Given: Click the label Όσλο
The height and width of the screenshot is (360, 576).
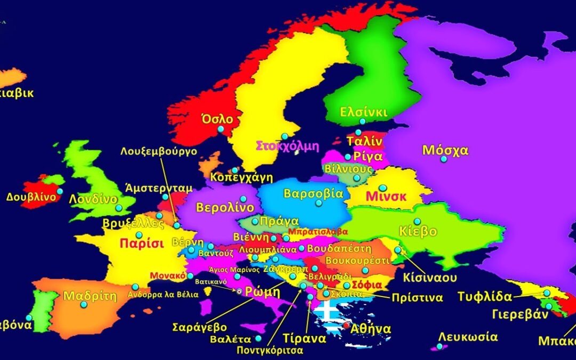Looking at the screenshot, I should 218,119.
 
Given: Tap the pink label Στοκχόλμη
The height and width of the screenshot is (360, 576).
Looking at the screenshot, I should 287,146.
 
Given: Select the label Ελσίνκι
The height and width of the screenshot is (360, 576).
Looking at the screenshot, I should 364,113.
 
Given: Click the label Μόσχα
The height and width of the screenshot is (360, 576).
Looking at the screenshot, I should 445,150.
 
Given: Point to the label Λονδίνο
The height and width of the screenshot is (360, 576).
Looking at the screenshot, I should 93,199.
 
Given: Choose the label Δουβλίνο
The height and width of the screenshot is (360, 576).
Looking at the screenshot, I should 31,196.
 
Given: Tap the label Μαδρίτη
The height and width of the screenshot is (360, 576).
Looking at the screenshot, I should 90,296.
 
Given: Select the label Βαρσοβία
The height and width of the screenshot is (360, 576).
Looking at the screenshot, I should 314,193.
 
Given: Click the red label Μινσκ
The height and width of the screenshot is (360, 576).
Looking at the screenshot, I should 386,196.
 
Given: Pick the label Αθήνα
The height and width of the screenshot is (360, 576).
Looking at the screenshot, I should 371,329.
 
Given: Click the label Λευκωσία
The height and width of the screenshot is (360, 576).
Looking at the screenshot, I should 468,337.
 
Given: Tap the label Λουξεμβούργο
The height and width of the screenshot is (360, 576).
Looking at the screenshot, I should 159,151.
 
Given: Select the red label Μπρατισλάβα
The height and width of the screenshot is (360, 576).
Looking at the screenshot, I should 318,232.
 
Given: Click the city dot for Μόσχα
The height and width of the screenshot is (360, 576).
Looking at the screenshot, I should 443,159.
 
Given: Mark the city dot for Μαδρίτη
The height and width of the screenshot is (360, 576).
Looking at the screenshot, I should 84,305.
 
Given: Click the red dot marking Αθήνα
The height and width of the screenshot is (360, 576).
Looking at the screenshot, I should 347,325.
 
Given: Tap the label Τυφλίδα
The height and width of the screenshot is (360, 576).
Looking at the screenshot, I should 485,297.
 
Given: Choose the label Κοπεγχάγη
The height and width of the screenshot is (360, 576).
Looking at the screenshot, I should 242,177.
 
